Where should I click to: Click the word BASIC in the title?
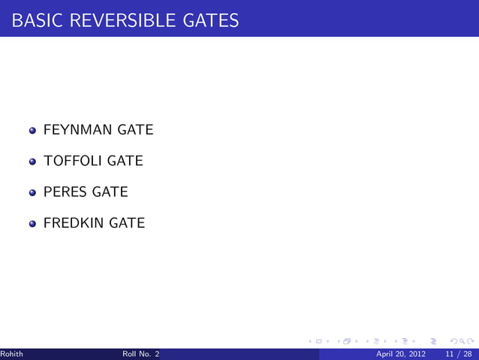point(37,20)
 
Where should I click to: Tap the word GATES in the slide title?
point(211,20)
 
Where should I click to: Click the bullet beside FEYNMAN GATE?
point(32,131)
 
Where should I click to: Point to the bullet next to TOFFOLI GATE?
point(32,162)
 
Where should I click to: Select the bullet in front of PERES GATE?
point(32,192)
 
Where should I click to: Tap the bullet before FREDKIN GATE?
point(32,223)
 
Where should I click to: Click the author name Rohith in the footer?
point(11,354)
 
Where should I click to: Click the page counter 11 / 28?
point(458,354)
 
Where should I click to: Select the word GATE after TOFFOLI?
point(125,161)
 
